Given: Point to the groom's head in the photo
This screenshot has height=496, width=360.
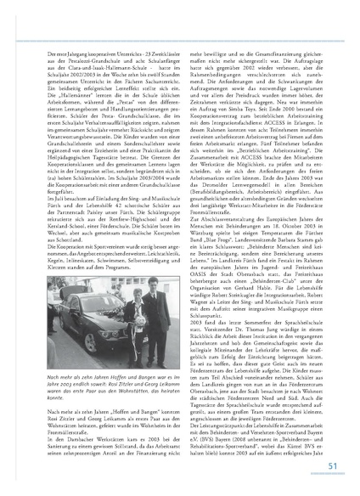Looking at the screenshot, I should pyautogui.click(x=127, y=276).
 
